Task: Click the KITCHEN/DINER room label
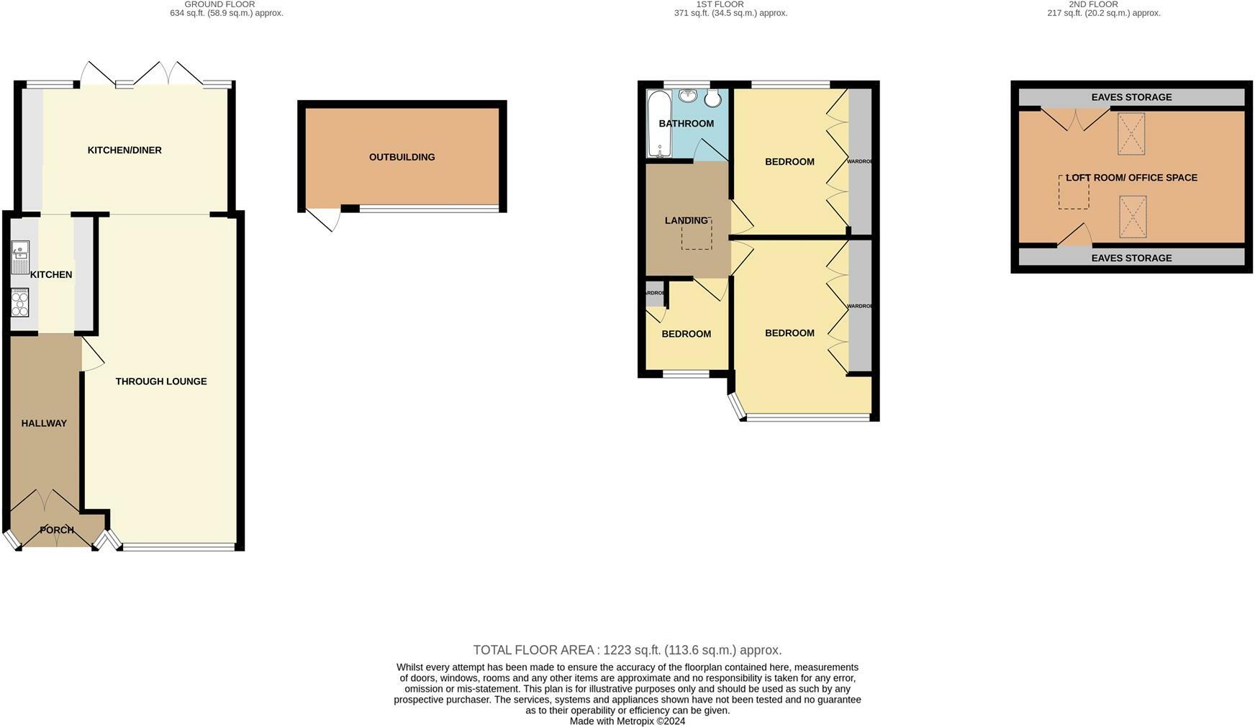124,150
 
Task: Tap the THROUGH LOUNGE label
161,381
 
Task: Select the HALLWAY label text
44,423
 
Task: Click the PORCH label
57,530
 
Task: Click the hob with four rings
20,303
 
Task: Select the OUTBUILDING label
402,157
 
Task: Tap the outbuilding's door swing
323,219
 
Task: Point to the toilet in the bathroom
712,99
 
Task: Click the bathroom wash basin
688,95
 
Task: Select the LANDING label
686,221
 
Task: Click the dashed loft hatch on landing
696,235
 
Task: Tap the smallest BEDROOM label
686,334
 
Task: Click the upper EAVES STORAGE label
1131,97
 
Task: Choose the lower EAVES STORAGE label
1131,258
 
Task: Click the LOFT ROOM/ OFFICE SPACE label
1131,178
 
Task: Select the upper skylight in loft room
1131,134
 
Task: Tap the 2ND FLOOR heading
1093,4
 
